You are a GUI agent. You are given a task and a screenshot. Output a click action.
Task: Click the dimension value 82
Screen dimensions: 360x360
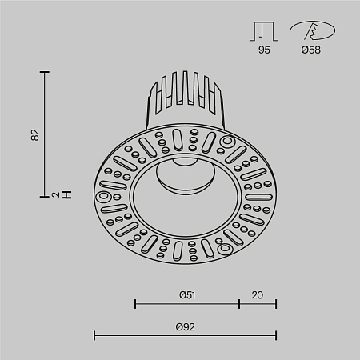(34, 134)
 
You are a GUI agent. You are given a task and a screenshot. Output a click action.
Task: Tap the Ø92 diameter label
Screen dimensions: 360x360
(186, 326)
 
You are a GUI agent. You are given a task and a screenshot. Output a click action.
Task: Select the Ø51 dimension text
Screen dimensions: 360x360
(187, 295)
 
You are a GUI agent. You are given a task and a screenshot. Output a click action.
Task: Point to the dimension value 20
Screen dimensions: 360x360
(257, 295)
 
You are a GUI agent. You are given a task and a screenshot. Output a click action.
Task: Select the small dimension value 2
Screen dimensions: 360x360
(34, 194)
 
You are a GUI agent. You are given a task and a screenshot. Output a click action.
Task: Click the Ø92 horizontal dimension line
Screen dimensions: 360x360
(186, 334)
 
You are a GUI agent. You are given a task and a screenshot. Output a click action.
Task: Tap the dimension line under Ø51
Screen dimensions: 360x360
(187, 304)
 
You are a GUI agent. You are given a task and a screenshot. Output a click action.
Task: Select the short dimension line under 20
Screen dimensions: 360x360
(258, 304)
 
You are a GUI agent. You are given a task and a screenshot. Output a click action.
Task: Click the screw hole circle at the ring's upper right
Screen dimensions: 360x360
(226, 142)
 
